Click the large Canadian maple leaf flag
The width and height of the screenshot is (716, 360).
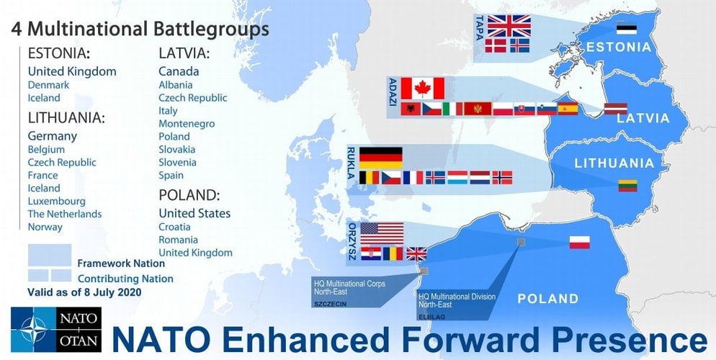click(x=422, y=88)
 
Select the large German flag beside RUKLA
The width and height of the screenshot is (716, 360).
click(x=381, y=158)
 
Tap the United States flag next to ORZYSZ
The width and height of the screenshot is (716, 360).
click(x=382, y=233)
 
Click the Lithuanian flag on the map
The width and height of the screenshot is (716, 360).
click(x=628, y=186)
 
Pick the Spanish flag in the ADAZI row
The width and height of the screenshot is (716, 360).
click(x=568, y=109)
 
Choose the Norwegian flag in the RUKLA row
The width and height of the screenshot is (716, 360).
click(x=502, y=178)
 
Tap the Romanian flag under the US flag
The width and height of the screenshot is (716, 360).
click(x=393, y=253)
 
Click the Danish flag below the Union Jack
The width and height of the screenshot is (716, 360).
click(x=496, y=45)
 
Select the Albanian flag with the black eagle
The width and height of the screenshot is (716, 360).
click(x=411, y=109)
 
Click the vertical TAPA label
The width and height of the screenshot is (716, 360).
click(x=480, y=28)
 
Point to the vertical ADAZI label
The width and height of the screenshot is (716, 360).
click(x=393, y=91)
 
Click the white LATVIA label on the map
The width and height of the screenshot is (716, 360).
click(x=643, y=118)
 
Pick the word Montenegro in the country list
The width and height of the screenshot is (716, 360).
click(x=187, y=124)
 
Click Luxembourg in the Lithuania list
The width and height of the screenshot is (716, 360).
click(x=57, y=201)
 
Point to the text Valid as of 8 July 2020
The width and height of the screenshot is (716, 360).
click(x=84, y=292)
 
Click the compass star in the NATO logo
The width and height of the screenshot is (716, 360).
click(x=34, y=330)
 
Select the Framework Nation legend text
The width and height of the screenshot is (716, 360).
click(x=121, y=264)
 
